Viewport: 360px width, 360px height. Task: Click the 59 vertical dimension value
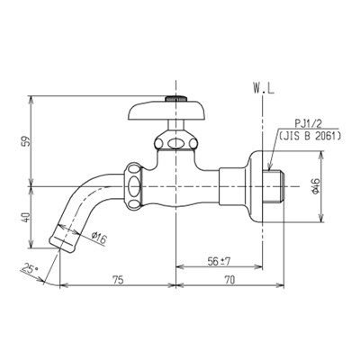(x=26, y=140)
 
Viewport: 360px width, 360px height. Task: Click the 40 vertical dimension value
(x=26, y=217)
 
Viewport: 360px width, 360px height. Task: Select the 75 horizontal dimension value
(x=117, y=280)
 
